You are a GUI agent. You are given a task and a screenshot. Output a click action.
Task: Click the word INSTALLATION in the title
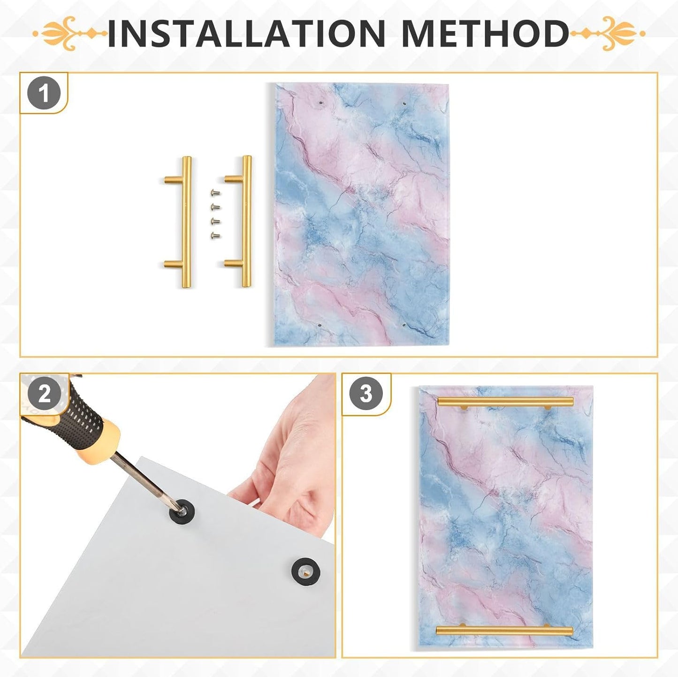(x=246, y=33)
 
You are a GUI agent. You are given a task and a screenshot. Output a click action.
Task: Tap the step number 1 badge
(x=44, y=94)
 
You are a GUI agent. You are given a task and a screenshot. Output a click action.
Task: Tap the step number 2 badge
(x=44, y=394)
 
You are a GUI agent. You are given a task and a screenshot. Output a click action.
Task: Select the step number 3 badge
(x=366, y=394)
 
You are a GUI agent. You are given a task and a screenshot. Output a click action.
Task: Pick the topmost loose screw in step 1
(x=215, y=192)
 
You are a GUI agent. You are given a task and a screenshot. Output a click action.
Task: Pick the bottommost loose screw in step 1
(x=215, y=236)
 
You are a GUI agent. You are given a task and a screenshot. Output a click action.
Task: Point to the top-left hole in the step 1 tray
(x=320, y=103)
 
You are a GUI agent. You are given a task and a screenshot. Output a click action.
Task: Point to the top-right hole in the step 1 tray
(x=404, y=104)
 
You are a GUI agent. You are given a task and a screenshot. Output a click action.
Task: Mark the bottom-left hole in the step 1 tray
(x=319, y=325)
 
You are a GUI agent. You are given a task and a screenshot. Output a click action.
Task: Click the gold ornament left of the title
(x=70, y=34)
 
